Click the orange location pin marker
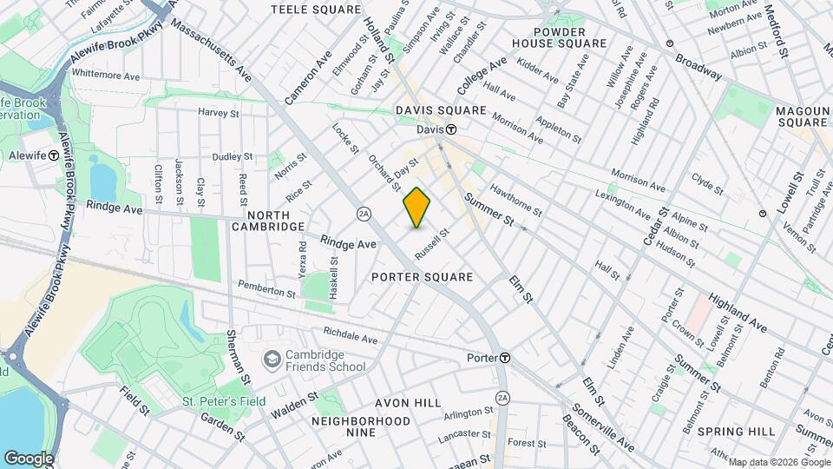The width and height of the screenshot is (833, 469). (x=417, y=207)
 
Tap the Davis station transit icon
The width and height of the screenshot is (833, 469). (x=452, y=129)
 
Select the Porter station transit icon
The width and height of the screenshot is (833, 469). (x=504, y=358)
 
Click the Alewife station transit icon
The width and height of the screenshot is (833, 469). (x=54, y=155)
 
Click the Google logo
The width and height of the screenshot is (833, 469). (x=29, y=459)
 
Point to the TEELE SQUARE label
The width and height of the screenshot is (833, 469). (x=303, y=10)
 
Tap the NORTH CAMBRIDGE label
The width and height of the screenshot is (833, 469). (x=267, y=221)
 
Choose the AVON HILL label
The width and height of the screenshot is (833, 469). (x=408, y=404)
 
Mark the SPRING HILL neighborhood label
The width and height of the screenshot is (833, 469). (x=736, y=432)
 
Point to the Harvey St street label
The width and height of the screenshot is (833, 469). (x=218, y=113)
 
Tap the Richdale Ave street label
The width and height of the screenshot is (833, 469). (x=350, y=336)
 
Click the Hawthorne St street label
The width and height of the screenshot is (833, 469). (x=515, y=199)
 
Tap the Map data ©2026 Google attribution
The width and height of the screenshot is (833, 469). (x=778, y=461)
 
